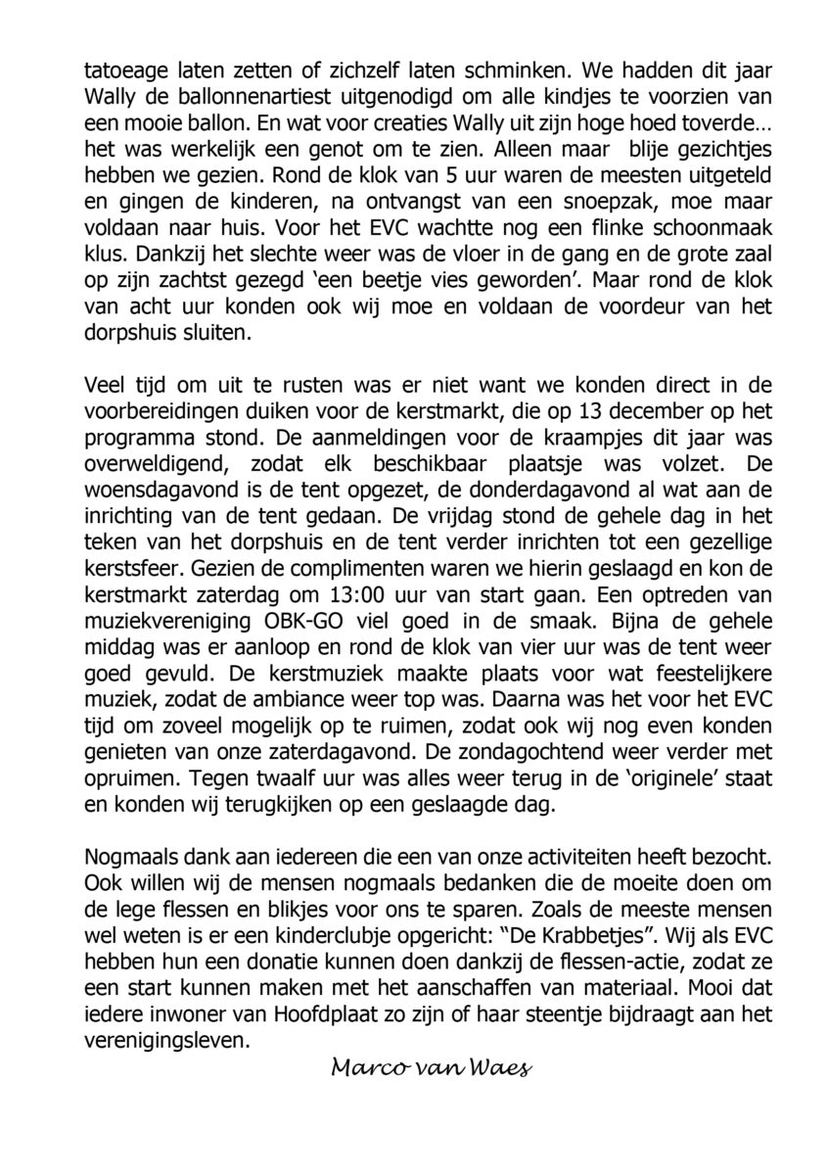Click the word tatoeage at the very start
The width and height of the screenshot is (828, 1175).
(123, 70)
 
